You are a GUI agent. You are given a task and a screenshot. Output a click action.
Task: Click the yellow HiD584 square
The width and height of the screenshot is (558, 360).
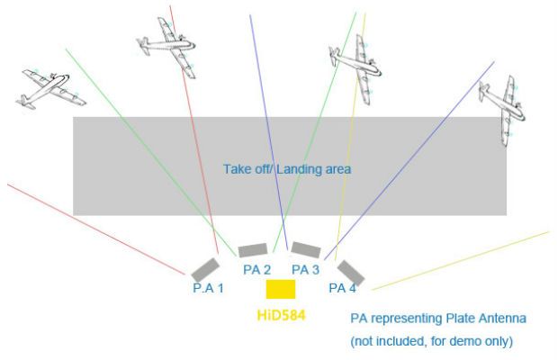pyautogui.click(x=281, y=289)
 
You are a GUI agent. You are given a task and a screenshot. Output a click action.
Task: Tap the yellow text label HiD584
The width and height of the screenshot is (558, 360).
pyautogui.click(x=281, y=315)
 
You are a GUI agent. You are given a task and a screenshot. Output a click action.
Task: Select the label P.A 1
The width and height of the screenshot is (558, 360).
pyautogui.click(x=209, y=288)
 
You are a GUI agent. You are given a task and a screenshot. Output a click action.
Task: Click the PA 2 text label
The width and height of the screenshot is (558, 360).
pyautogui.click(x=256, y=270)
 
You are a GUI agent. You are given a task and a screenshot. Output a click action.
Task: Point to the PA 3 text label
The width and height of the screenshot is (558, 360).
pyautogui.click(x=306, y=270)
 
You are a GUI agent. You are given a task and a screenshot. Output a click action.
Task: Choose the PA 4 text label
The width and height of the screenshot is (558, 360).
pyautogui.click(x=342, y=288)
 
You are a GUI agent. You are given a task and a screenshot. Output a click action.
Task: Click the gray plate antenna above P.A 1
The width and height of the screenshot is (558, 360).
pyautogui.click(x=205, y=269)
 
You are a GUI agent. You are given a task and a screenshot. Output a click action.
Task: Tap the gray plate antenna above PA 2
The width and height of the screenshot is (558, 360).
pyautogui.click(x=253, y=250)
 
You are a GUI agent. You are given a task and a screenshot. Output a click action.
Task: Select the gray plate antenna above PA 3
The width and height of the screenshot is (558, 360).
pyautogui.click(x=306, y=249)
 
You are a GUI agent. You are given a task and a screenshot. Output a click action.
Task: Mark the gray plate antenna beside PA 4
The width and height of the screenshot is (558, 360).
pyautogui.click(x=351, y=273)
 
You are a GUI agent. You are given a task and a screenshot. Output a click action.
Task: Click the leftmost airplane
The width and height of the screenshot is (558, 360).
pyautogui.click(x=51, y=89)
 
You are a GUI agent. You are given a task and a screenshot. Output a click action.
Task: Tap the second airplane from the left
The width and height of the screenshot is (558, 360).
pyautogui.click(x=166, y=47)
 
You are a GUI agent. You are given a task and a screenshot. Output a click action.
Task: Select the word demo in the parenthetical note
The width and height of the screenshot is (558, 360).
pyautogui.click(x=463, y=341)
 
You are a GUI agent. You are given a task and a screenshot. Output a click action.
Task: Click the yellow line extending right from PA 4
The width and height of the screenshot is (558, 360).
pyautogui.click(x=461, y=261)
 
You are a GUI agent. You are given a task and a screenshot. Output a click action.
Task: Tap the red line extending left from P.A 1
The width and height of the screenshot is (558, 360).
pyautogui.click(x=96, y=229)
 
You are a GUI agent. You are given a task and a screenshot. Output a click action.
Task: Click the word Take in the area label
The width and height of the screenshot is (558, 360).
pyautogui.click(x=233, y=169)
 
